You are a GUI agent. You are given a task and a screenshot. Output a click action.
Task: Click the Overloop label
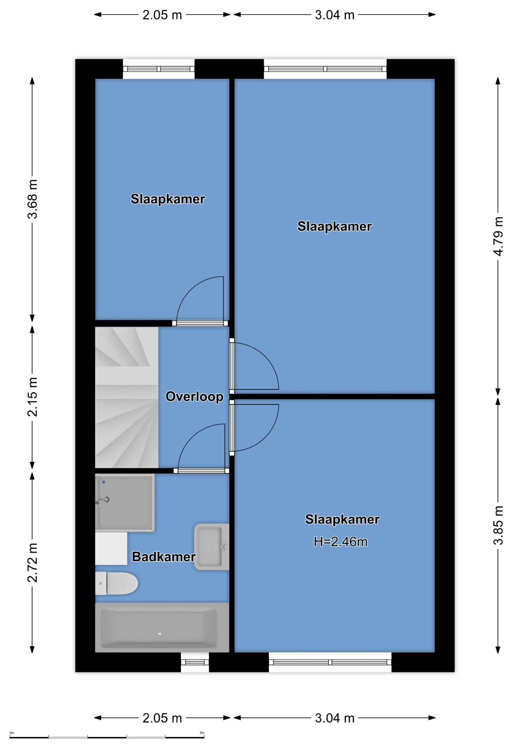click(194, 397)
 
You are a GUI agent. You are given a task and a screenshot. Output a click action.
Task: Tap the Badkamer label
click(164, 557)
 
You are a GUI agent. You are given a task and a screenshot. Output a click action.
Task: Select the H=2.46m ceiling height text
click(341, 542)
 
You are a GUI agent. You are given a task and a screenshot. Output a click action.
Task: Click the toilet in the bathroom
click(116, 583)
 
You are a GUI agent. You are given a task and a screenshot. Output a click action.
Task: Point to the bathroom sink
click(212, 547)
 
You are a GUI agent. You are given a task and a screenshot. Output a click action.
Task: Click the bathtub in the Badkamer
click(162, 628)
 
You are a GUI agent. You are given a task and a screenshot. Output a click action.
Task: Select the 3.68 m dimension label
click(33, 199)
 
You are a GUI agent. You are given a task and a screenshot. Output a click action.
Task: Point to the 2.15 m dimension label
click(33, 397)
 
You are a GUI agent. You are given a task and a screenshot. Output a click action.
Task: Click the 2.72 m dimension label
click(33, 563)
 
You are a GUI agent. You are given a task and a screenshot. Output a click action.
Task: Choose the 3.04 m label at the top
click(334, 15)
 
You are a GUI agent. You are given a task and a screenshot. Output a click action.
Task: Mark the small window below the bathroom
click(195, 662)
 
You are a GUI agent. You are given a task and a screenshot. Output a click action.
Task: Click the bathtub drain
click(160, 634)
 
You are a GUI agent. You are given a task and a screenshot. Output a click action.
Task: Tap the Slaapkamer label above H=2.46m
click(342, 519)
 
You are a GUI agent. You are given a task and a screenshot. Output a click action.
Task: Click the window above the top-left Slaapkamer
click(159, 69)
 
